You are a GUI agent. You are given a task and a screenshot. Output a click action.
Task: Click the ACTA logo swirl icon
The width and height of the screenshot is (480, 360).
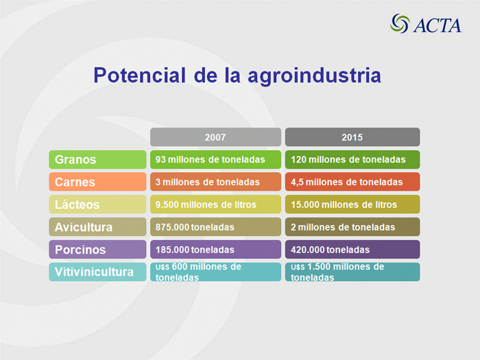400,23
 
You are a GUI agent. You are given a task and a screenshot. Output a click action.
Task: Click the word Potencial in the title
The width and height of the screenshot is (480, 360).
140,75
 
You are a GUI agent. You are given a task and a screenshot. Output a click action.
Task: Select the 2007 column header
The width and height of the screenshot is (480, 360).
215,137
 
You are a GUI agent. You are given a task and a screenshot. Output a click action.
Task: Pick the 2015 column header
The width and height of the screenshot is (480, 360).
352,137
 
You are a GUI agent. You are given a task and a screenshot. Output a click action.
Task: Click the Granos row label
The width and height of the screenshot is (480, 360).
97,160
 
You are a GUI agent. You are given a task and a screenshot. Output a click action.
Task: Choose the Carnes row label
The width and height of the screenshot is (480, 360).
97,182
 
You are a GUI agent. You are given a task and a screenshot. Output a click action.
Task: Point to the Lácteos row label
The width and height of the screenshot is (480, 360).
97,204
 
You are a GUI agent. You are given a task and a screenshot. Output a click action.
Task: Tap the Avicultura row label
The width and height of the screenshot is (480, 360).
97,227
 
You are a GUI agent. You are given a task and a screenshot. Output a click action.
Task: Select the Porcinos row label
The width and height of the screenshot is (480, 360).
97,249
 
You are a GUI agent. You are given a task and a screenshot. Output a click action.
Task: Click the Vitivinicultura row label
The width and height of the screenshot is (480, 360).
97,272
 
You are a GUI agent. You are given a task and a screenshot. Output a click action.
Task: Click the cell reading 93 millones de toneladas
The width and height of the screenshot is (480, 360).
215,160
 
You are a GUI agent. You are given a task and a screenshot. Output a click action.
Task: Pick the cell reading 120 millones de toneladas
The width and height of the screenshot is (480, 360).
352,160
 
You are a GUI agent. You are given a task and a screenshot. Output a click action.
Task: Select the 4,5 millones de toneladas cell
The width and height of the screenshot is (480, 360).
352,182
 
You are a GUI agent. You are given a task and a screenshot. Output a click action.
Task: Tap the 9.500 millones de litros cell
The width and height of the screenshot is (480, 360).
215,204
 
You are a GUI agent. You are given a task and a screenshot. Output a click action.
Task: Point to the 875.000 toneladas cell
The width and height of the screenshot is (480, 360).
215,227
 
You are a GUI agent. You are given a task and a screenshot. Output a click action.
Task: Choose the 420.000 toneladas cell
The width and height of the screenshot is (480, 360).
352,249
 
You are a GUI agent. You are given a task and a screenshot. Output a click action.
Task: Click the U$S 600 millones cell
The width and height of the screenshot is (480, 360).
215,272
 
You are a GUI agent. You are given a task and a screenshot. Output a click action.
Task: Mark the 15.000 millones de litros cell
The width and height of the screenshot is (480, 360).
352,204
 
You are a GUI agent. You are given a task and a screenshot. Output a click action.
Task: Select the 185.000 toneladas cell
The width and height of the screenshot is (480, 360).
215,249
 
